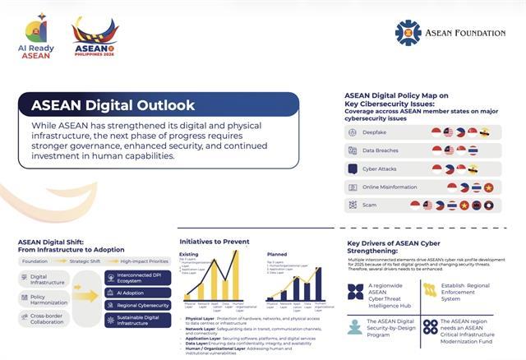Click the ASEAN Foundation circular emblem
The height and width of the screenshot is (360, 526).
(x=408, y=33)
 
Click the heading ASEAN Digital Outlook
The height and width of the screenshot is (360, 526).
(x=113, y=105)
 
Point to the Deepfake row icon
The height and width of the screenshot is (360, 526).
(x=353, y=132)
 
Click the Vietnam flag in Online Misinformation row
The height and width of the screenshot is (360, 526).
(x=488, y=187)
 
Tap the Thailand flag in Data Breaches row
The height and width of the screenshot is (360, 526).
(x=473, y=150)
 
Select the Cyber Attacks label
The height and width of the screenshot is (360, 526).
(x=380, y=168)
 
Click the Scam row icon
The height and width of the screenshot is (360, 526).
(x=353, y=205)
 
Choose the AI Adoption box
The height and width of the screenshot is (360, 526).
(x=137, y=292)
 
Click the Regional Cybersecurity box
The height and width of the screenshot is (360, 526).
(x=137, y=305)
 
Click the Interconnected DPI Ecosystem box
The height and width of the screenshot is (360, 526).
(x=137, y=277)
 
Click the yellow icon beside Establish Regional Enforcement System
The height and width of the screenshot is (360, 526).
(x=430, y=289)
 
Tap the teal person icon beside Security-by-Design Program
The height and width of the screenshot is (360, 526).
(x=354, y=326)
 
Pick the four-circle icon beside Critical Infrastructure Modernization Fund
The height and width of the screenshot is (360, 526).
(x=430, y=326)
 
